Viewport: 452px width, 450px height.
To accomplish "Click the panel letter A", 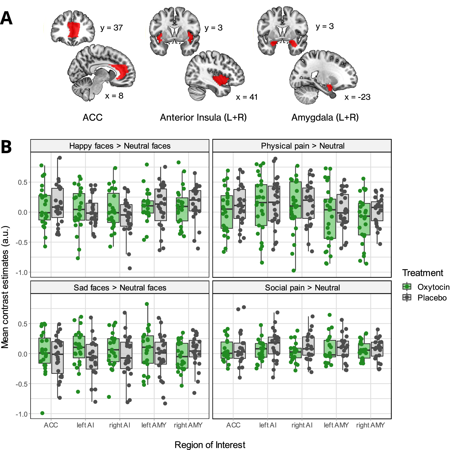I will coord(6,18).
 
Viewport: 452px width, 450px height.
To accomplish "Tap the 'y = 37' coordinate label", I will coord(111,28).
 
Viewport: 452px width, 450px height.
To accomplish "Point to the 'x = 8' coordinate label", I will coord(114,96).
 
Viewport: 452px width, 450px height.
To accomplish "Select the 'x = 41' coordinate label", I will coord(247,97).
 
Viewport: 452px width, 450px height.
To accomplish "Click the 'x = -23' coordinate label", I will coord(357,97).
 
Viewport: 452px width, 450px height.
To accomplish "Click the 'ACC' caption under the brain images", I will coord(93,117).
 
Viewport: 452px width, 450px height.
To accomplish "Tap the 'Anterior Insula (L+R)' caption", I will coord(203,117).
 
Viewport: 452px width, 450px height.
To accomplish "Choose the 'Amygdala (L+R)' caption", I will coord(325,117).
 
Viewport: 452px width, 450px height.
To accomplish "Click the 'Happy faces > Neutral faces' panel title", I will coord(120,146).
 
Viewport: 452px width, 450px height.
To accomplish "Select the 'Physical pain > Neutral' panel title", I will coord(303,146).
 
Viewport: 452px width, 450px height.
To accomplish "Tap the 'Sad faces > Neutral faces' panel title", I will coord(120,288).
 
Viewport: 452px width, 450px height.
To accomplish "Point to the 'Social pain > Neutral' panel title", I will coord(302,288).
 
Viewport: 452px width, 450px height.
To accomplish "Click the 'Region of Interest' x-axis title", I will coord(210,445).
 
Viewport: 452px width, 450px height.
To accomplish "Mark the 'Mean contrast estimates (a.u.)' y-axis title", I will coord(5,287).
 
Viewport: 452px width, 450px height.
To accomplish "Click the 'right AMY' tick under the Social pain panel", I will coord(370,425).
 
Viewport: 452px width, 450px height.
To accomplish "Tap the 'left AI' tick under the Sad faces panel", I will coord(85,425).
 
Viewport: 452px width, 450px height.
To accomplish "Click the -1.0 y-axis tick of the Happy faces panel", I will coord(22,272).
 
